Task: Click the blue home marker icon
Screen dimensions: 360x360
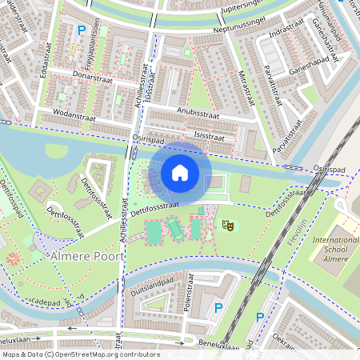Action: [x=180, y=173]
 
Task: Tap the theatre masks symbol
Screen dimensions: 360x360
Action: [x=227, y=227]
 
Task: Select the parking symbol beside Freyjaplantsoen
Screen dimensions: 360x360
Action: [x=81, y=30]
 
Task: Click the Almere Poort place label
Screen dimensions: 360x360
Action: [x=86, y=257]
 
